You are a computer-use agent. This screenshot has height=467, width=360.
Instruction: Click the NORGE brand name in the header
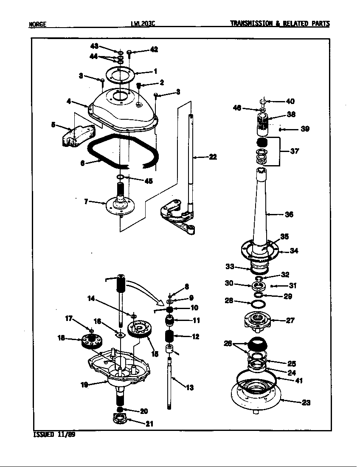coord(37,25)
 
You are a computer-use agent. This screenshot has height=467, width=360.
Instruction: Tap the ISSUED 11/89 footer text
coord(54,435)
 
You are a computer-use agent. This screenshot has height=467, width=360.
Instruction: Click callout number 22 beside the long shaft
coord(212,157)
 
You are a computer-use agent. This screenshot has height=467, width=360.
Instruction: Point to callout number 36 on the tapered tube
coord(289,214)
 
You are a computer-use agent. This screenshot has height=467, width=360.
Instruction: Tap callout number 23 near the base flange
coord(306,402)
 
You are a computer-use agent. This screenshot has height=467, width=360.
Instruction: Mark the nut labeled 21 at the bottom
coord(120,420)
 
